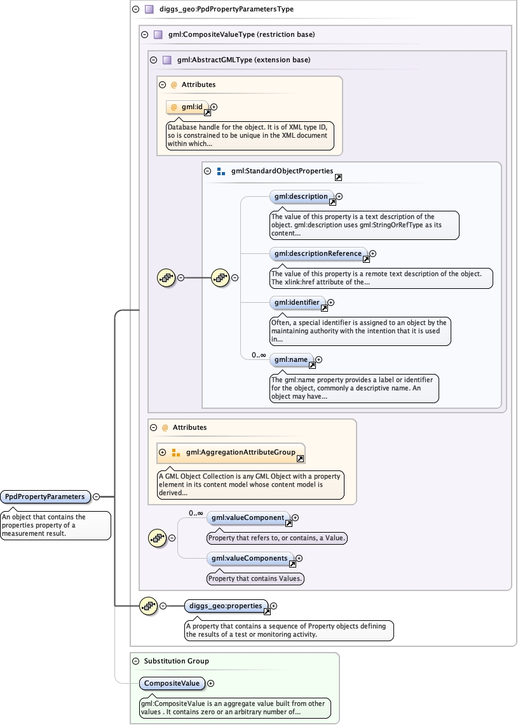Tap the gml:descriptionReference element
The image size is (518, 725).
click(x=318, y=254)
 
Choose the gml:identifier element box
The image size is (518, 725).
click(x=297, y=303)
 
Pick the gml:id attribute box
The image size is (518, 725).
click(x=187, y=107)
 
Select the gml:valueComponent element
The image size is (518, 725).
click(x=248, y=518)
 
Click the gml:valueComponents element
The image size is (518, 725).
click(x=250, y=559)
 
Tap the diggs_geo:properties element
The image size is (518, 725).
click(x=226, y=606)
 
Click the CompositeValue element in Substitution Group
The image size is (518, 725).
click(x=172, y=684)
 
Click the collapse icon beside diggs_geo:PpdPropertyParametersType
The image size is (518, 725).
click(x=135, y=10)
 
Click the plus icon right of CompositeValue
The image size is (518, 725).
click(x=211, y=684)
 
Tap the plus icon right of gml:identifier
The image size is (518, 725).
click(x=331, y=303)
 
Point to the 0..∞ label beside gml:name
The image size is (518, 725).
click(x=258, y=355)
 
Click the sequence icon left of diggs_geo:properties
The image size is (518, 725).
click(x=148, y=606)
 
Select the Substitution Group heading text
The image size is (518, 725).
click(x=176, y=661)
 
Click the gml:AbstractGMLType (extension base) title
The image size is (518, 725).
click(x=243, y=60)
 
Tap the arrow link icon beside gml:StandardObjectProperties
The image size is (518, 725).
click(x=338, y=178)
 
